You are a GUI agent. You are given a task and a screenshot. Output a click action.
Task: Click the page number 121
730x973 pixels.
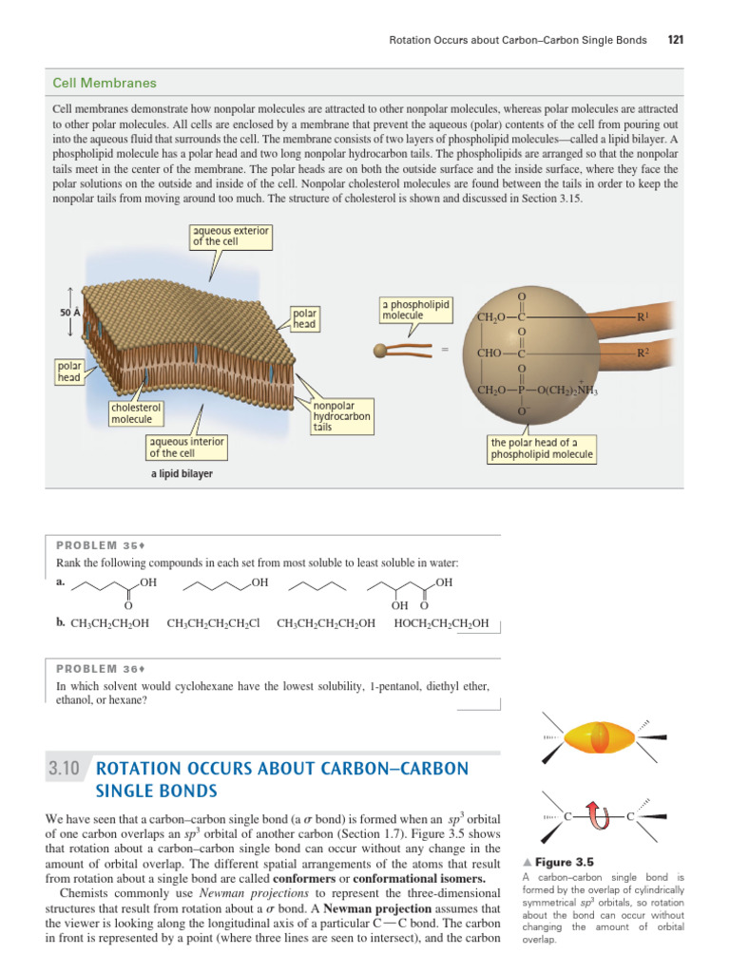pos(677,40)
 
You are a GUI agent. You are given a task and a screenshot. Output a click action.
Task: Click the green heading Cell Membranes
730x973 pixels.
pos(105,84)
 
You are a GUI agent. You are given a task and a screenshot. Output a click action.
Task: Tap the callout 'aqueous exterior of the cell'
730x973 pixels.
pos(231,236)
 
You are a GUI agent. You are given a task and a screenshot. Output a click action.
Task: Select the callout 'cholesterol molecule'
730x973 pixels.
pos(131,412)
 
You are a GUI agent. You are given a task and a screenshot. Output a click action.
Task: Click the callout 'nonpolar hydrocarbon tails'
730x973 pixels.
pos(341,416)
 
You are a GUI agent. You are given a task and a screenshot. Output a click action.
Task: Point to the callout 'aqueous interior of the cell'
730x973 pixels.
pos(186,447)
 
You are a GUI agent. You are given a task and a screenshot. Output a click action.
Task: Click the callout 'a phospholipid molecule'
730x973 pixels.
pos(415,309)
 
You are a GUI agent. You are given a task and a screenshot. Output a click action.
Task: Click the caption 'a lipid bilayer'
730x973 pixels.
pos(182,474)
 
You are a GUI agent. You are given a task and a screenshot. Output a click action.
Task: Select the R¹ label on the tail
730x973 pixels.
pos(644,316)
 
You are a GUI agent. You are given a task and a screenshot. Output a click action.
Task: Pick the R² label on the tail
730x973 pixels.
pos(644,353)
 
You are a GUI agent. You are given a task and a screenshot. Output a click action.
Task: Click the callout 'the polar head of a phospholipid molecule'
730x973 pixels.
pos(541,448)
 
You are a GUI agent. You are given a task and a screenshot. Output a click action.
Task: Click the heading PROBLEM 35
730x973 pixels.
pos(99,545)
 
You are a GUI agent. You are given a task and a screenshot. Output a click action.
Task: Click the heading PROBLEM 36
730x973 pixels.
pos(99,668)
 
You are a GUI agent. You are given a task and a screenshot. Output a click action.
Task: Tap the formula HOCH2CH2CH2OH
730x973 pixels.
pos(441,623)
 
